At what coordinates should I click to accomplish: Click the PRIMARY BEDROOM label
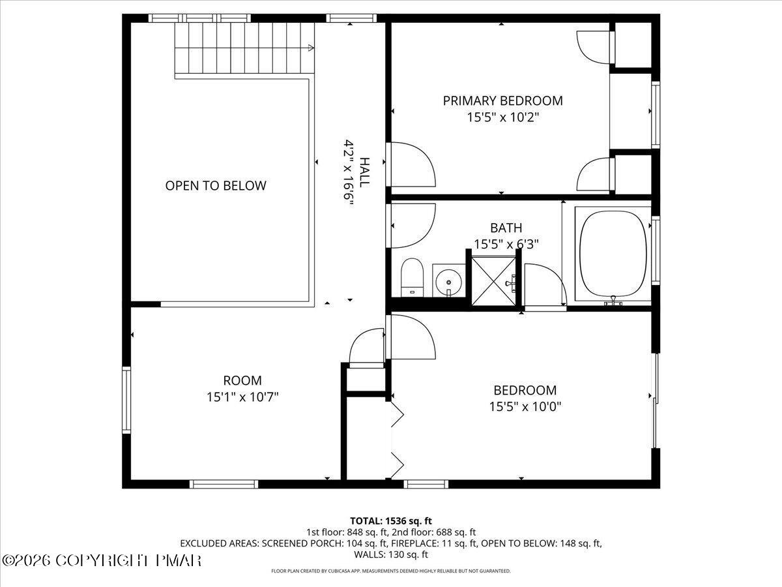tap(502, 100)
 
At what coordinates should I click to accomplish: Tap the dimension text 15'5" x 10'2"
tap(502, 117)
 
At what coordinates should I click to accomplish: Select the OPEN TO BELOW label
tap(216, 185)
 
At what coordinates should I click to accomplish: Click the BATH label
tap(506, 228)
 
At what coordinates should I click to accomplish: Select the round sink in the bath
tap(448, 282)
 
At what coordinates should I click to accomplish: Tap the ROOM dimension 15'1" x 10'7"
tap(242, 397)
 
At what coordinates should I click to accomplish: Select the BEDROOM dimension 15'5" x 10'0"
tap(525, 407)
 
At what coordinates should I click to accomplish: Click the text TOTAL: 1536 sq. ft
tap(391, 520)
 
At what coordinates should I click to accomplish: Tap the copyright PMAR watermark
tap(102, 560)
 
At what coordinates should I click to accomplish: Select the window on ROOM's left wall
tap(126, 400)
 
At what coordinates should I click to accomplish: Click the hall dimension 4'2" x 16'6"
tap(349, 173)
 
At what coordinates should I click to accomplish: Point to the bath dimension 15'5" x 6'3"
tap(506, 244)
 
